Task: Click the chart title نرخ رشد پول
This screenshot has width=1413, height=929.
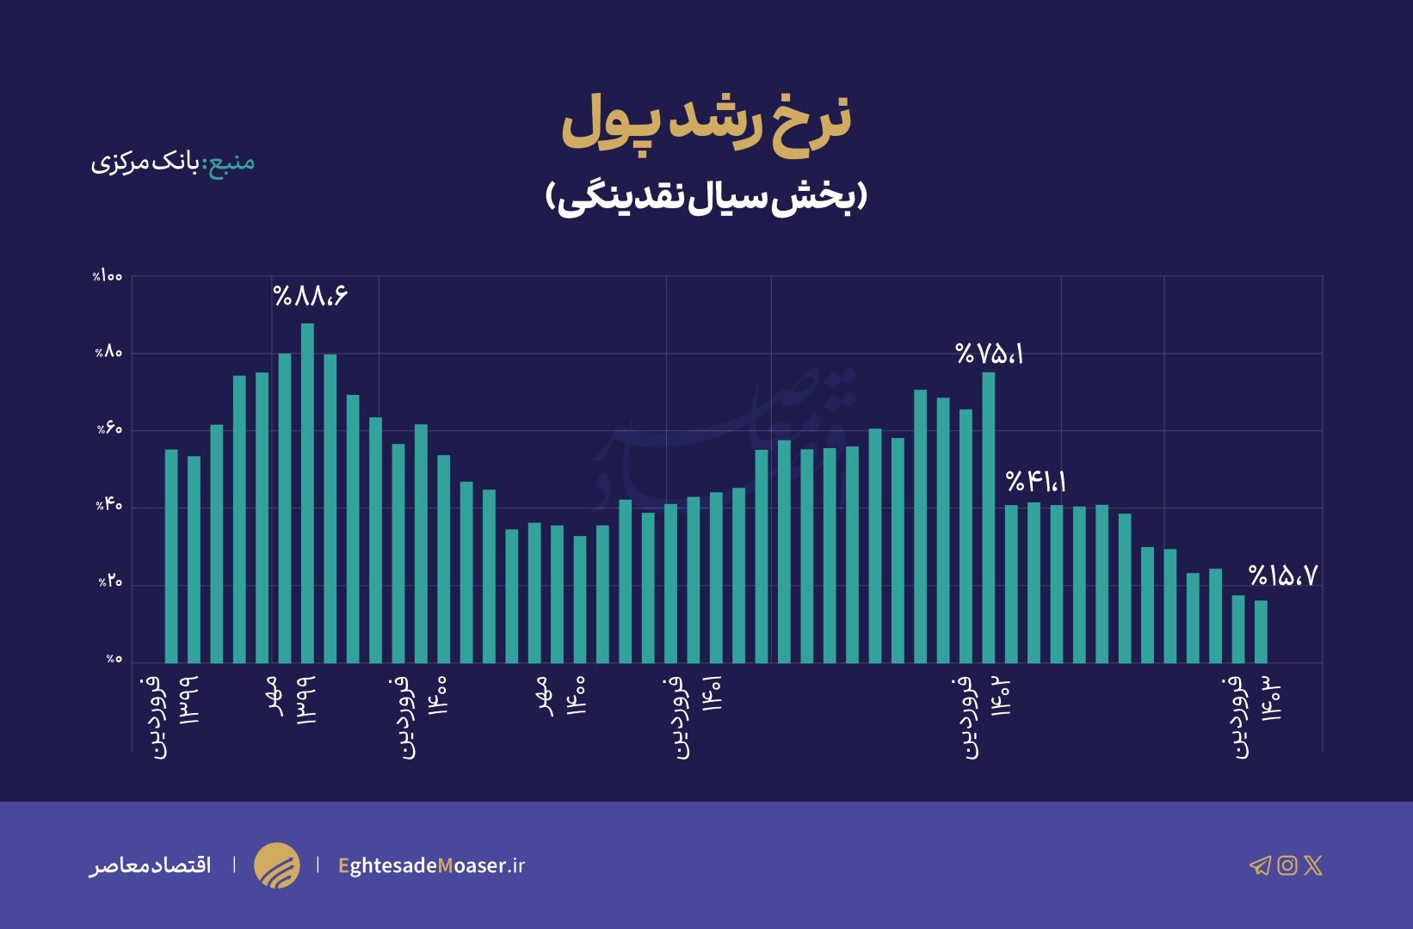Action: coord(706,123)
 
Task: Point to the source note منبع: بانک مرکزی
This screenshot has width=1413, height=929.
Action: coord(173,162)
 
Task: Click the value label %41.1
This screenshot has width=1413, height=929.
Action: coord(1036,482)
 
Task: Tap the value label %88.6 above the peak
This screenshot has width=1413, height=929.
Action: coord(311,296)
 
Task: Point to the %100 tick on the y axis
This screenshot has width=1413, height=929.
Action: coord(108,276)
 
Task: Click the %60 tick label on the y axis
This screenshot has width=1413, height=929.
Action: coord(109,429)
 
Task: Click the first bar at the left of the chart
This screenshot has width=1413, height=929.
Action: coord(171,556)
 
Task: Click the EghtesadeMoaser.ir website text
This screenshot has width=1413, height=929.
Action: coord(431,865)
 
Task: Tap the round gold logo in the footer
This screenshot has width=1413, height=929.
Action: coord(277,865)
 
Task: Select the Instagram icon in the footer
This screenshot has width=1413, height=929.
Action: coord(1287,865)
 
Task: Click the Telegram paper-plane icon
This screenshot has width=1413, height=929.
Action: coord(1260,865)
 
